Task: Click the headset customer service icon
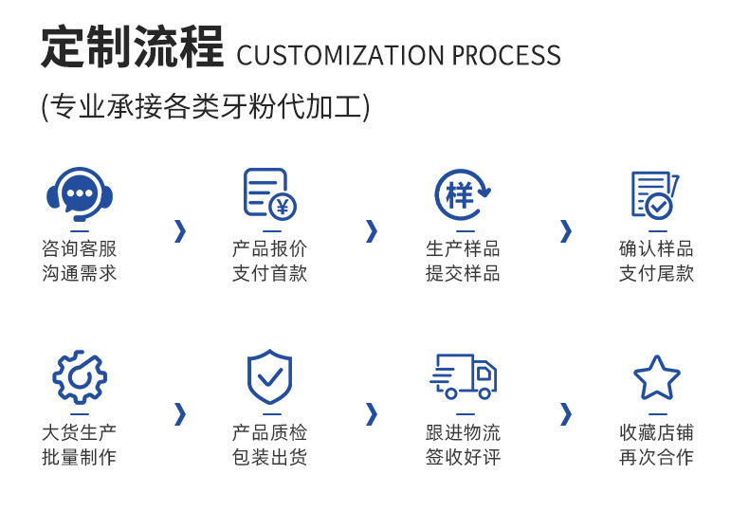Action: [80, 194]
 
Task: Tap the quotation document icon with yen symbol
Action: [269, 194]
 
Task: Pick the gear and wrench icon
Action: [80, 376]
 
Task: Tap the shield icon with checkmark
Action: [269, 376]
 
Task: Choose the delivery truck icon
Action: [463, 376]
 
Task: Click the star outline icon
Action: [656, 376]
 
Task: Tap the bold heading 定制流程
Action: [132, 47]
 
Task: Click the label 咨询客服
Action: [80, 249]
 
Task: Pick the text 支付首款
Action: [270, 274]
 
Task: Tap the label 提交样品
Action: [463, 274]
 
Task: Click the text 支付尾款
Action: [656, 274]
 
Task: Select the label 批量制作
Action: [80, 457]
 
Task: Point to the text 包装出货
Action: [270, 457]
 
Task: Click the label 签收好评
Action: [463, 457]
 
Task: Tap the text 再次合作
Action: [656, 457]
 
